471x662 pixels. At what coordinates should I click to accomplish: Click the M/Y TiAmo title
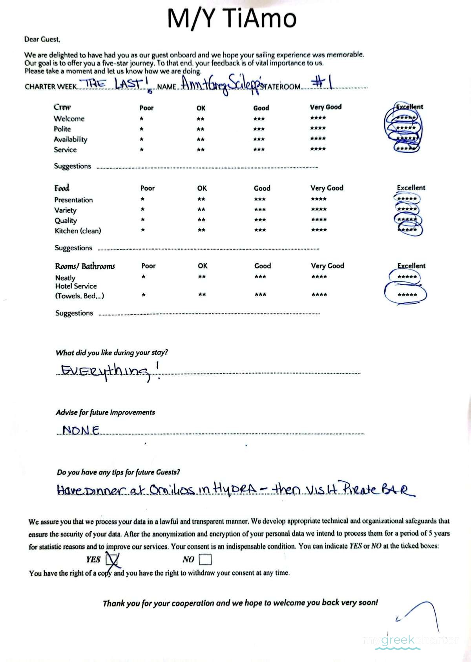(x=232, y=18)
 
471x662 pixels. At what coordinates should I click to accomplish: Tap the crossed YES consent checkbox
(x=112, y=559)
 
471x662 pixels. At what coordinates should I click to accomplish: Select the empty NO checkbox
(x=205, y=559)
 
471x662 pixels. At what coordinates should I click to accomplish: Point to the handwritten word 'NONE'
(x=81, y=430)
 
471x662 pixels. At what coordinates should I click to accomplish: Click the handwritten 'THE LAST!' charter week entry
(x=111, y=84)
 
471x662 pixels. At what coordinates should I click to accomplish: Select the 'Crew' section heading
(x=62, y=107)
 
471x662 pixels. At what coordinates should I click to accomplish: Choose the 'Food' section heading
(x=62, y=188)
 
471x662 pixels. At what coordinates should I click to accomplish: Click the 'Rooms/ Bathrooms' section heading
(x=85, y=266)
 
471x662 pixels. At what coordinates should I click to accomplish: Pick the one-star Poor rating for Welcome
(x=141, y=119)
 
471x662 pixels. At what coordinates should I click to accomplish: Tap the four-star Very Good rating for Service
(x=318, y=149)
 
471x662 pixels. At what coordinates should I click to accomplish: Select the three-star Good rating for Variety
(x=260, y=210)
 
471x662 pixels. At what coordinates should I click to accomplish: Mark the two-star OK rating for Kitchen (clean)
(x=201, y=230)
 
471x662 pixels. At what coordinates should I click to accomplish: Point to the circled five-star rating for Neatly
(x=407, y=277)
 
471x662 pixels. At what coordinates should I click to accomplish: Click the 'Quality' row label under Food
(x=66, y=221)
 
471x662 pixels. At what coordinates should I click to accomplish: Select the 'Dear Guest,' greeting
(x=42, y=39)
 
